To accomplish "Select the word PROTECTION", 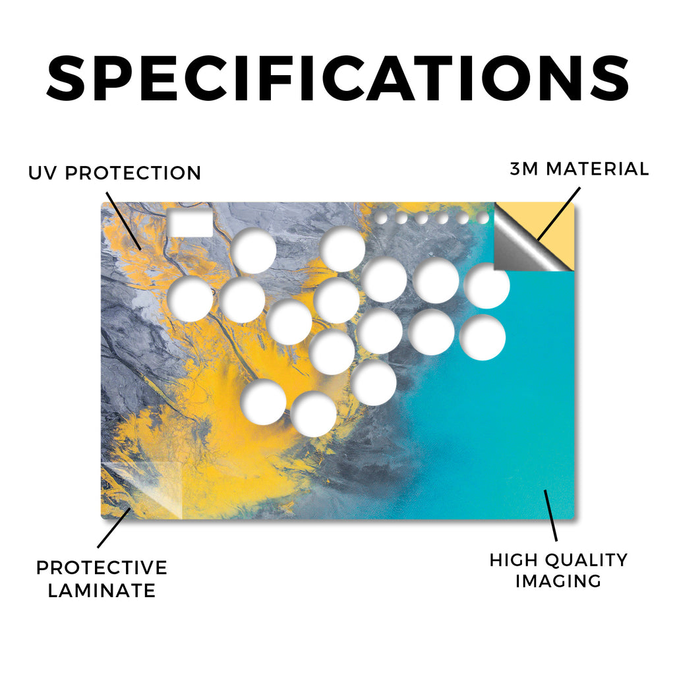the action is point(133,173).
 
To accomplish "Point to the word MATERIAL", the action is point(597,169).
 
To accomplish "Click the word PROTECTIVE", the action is point(102,568).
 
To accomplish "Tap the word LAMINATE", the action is point(102,590).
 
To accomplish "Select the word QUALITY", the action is point(585,560).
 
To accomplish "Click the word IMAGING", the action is point(558,581).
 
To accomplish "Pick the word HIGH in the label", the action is point(513,560).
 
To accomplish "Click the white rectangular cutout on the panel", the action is point(190,223).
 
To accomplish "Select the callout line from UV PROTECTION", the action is point(124,221).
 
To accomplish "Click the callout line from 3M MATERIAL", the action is point(559,214).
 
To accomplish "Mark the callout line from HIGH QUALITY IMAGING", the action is point(550,515).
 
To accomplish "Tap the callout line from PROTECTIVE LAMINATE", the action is point(114,528).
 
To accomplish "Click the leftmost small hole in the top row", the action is point(381,218).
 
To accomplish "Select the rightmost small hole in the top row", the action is point(483,218).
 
